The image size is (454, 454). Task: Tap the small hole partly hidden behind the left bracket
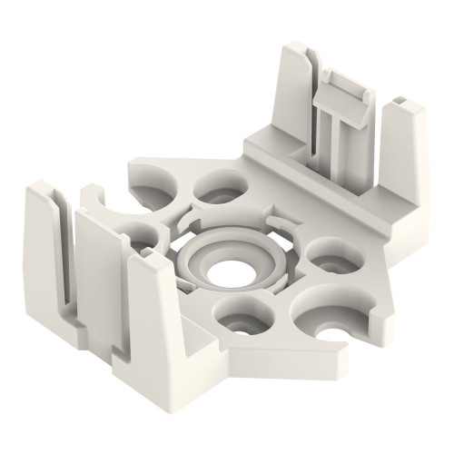(x=136, y=232)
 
